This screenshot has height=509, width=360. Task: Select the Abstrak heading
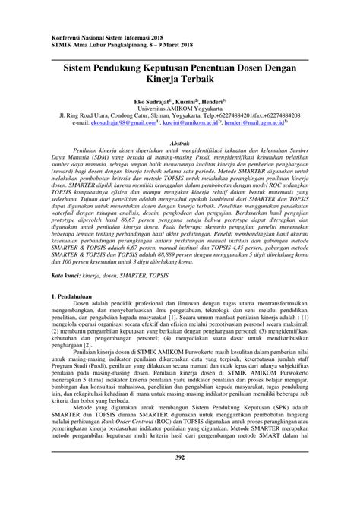(179, 142)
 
